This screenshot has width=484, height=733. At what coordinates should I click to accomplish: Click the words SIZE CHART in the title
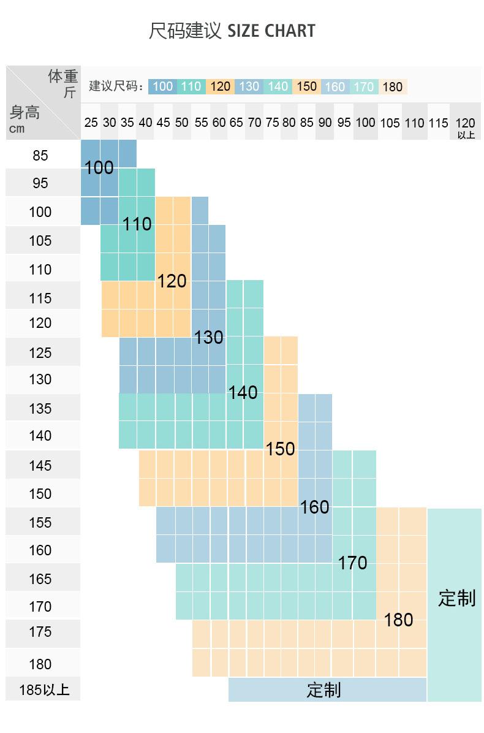coord(271,31)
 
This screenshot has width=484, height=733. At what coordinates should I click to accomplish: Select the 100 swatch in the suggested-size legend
coord(162,86)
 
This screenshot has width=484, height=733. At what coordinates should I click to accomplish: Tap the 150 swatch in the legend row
coord(307,86)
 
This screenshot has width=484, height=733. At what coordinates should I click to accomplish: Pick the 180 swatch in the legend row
coord(393,86)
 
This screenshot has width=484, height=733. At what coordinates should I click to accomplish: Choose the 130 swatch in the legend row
coord(249,86)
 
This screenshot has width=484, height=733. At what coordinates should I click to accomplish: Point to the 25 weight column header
coord(91,123)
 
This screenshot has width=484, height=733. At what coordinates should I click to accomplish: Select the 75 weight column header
coord(272,123)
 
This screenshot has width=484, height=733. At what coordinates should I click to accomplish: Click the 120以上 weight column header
coord(466,126)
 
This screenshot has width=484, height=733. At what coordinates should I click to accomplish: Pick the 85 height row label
coord(40,156)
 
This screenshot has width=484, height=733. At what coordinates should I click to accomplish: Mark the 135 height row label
coord(40,409)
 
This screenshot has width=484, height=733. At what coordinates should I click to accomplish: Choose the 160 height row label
coord(40,550)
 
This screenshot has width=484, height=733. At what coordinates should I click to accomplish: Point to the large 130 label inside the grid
coord(209,338)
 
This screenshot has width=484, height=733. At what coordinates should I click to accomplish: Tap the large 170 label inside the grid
coord(353,563)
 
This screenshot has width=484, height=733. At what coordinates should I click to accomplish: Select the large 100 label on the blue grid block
coord(99,168)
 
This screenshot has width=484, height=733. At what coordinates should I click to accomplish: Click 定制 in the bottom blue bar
coord(323,690)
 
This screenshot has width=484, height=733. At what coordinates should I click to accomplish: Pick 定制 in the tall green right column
coord(456,598)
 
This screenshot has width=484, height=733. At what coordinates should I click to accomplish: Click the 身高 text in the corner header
coord(25,113)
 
